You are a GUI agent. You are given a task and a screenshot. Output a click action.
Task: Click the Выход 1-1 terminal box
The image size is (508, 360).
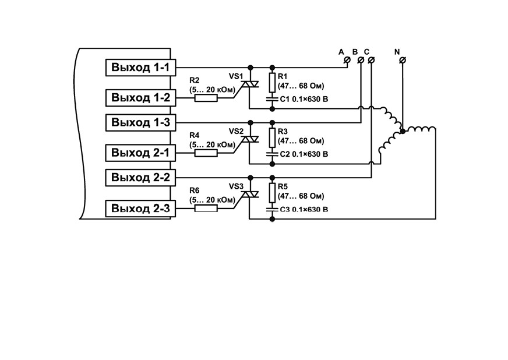(140, 68)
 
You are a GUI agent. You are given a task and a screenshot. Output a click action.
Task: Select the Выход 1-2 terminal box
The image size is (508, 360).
(140, 97)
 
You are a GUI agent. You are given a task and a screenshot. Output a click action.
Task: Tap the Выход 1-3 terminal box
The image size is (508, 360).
(140, 122)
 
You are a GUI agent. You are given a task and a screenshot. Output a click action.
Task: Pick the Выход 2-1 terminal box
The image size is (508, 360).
(140, 153)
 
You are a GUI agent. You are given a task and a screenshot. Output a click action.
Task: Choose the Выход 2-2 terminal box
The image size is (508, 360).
(140, 178)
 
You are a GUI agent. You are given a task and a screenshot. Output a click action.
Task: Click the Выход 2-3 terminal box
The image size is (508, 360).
(140, 209)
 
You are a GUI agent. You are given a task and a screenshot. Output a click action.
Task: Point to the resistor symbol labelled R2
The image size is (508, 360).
(206, 98)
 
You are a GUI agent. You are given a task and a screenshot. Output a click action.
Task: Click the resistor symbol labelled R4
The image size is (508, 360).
(206, 153)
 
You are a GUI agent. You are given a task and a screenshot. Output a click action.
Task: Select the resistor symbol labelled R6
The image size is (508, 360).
(206, 209)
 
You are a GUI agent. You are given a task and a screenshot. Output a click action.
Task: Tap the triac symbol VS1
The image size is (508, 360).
(250, 84)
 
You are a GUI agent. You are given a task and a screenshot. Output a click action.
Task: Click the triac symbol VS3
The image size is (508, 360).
(250, 195)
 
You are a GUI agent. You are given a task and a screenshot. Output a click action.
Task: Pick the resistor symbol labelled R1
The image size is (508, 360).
(272, 83)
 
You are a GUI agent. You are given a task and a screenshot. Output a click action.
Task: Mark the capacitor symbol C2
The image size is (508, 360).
(272, 154)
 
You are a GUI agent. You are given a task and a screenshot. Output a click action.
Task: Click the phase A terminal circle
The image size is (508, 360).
(348, 60)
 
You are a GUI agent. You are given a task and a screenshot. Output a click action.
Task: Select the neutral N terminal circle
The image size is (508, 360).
(403, 60)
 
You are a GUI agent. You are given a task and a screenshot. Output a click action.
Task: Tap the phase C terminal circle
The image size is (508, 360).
(372, 60)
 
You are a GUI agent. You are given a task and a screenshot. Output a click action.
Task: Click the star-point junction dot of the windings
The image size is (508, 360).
(403, 131)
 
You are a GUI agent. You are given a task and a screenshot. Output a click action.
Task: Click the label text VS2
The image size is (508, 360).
(236, 131)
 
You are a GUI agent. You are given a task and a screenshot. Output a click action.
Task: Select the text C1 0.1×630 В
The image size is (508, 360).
(304, 99)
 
